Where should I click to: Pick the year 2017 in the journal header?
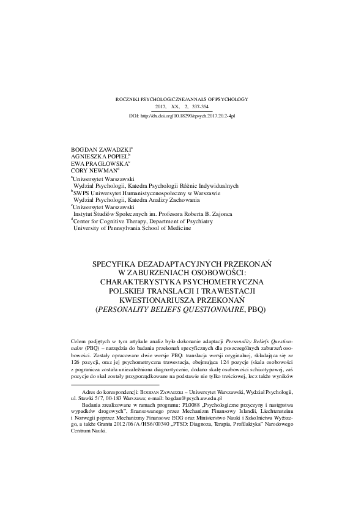163,106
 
